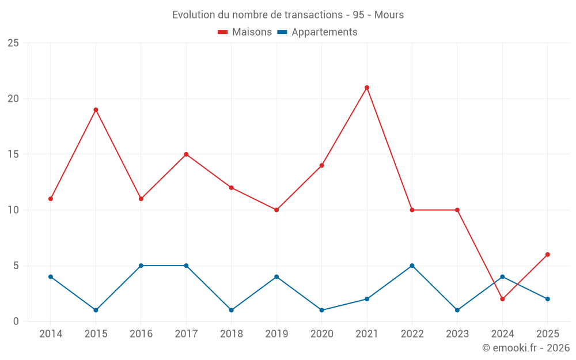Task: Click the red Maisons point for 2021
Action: pyautogui.click(x=367, y=88)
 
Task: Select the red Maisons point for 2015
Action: pyautogui.click(x=96, y=109)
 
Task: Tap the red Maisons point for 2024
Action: pyautogui.click(x=502, y=299)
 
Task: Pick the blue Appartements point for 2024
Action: pyautogui.click(x=502, y=276)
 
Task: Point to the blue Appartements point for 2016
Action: pyautogui.click(x=141, y=266)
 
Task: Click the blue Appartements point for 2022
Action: pyautogui.click(x=412, y=266)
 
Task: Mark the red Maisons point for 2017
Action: pyautogui.click(x=186, y=154)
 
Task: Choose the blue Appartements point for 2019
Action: pyautogui.click(x=276, y=276)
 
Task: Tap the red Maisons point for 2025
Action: pyautogui.click(x=548, y=255)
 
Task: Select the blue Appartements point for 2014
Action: pyautogui.click(x=51, y=276)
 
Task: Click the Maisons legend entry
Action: pyautogui.click(x=245, y=32)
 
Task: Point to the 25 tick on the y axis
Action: pyautogui.click(x=13, y=43)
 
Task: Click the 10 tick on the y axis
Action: pyautogui.click(x=13, y=210)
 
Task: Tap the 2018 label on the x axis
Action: pyautogui.click(x=231, y=334)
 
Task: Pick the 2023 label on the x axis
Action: pyautogui.click(x=457, y=334)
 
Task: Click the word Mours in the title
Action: pyautogui.click(x=389, y=15)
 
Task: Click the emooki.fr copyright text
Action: pyautogui.click(x=526, y=348)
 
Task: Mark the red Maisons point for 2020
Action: pyautogui.click(x=321, y=165)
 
